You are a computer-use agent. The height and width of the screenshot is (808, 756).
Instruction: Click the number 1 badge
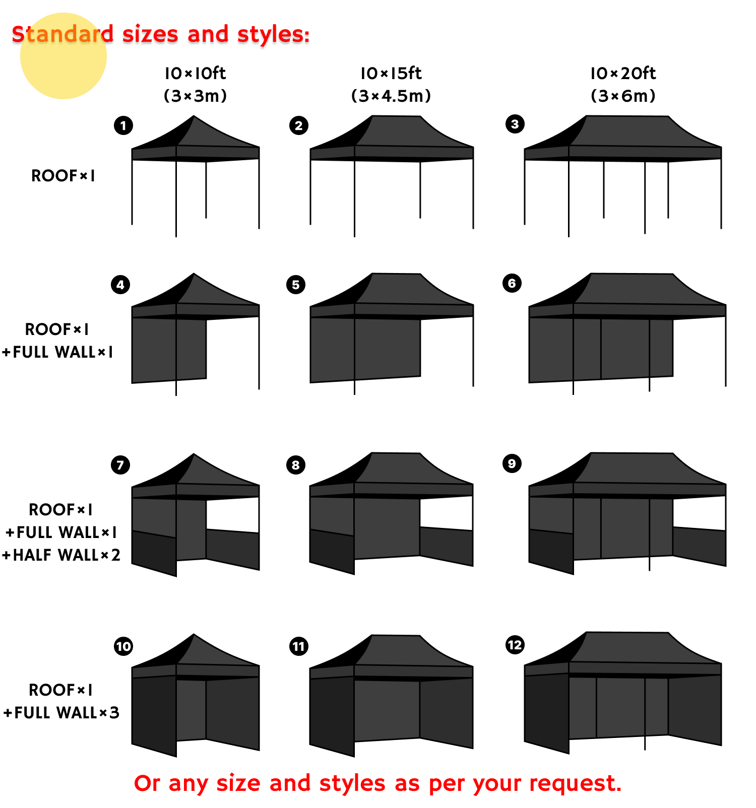coord(123,125)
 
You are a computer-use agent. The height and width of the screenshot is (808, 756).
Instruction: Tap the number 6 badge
coord(512,283)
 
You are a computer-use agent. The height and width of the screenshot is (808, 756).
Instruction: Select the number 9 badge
coord(512,463)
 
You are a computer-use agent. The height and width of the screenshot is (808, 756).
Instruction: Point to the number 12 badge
coord(515,645)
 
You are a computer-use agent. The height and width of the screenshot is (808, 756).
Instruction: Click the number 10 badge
coord(123,646)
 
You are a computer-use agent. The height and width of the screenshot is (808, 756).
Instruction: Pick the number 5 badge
coord(296,285)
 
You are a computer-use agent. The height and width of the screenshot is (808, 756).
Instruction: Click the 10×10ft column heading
coord(196,74)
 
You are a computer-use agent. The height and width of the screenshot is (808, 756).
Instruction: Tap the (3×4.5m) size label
coord(391,96)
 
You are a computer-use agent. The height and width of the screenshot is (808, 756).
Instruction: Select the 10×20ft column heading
coord(623,74)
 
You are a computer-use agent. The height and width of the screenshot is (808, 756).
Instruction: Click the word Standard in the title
coord(62,34)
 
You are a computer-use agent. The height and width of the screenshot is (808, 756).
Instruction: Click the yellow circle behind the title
coord(64,56)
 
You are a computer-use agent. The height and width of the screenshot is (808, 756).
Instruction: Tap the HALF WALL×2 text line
coord(61,555)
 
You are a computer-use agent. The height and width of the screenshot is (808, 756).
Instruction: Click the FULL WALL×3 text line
coord(61,713)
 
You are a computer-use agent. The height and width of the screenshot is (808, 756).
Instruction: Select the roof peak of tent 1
coord(194,116)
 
